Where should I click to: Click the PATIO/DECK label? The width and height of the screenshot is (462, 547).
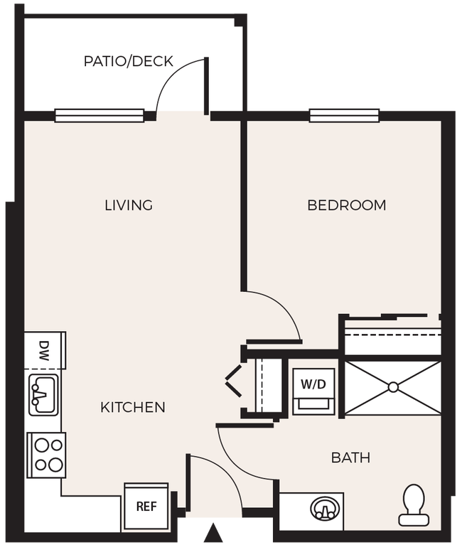point(128,61)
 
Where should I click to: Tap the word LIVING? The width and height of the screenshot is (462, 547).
point(129,205)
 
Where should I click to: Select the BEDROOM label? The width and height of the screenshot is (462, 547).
point(346,205)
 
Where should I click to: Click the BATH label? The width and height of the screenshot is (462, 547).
point(350,457)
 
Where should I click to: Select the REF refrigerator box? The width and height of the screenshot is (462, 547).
point(146,507)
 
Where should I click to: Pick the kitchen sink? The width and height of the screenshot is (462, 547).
point(44,395)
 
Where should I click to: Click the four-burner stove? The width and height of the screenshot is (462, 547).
point(46,455)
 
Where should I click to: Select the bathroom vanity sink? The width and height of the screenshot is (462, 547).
point(323,509)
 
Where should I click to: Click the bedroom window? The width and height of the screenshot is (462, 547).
point(344,115)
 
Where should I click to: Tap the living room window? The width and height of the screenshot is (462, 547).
point(100,115)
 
